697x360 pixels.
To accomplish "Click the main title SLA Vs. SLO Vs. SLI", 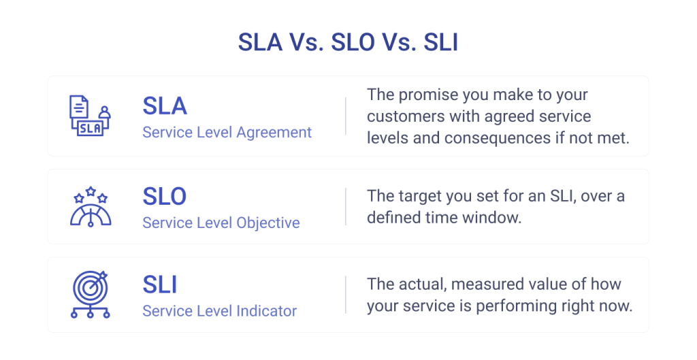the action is (x=348, y=42).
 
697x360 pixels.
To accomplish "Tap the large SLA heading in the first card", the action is (x=165, y=105).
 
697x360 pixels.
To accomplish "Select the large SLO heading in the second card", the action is (x=165, y=196).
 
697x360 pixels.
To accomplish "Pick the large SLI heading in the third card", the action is (x=159, y=284).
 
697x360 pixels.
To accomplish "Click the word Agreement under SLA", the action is (x=274, y=133).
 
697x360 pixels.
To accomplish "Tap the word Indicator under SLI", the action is (x=266, y=311).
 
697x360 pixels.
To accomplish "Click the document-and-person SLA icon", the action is (x=91, y=116).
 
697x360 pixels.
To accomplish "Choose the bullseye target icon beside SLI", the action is (x=91, y=294).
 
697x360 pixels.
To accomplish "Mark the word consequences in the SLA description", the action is (x=498, y=138).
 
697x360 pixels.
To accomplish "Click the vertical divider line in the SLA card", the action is (x=345, y=116).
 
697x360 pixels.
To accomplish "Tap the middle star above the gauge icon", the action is (x=91, y=191).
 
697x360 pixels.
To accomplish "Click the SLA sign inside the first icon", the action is (x=91, y=129).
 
